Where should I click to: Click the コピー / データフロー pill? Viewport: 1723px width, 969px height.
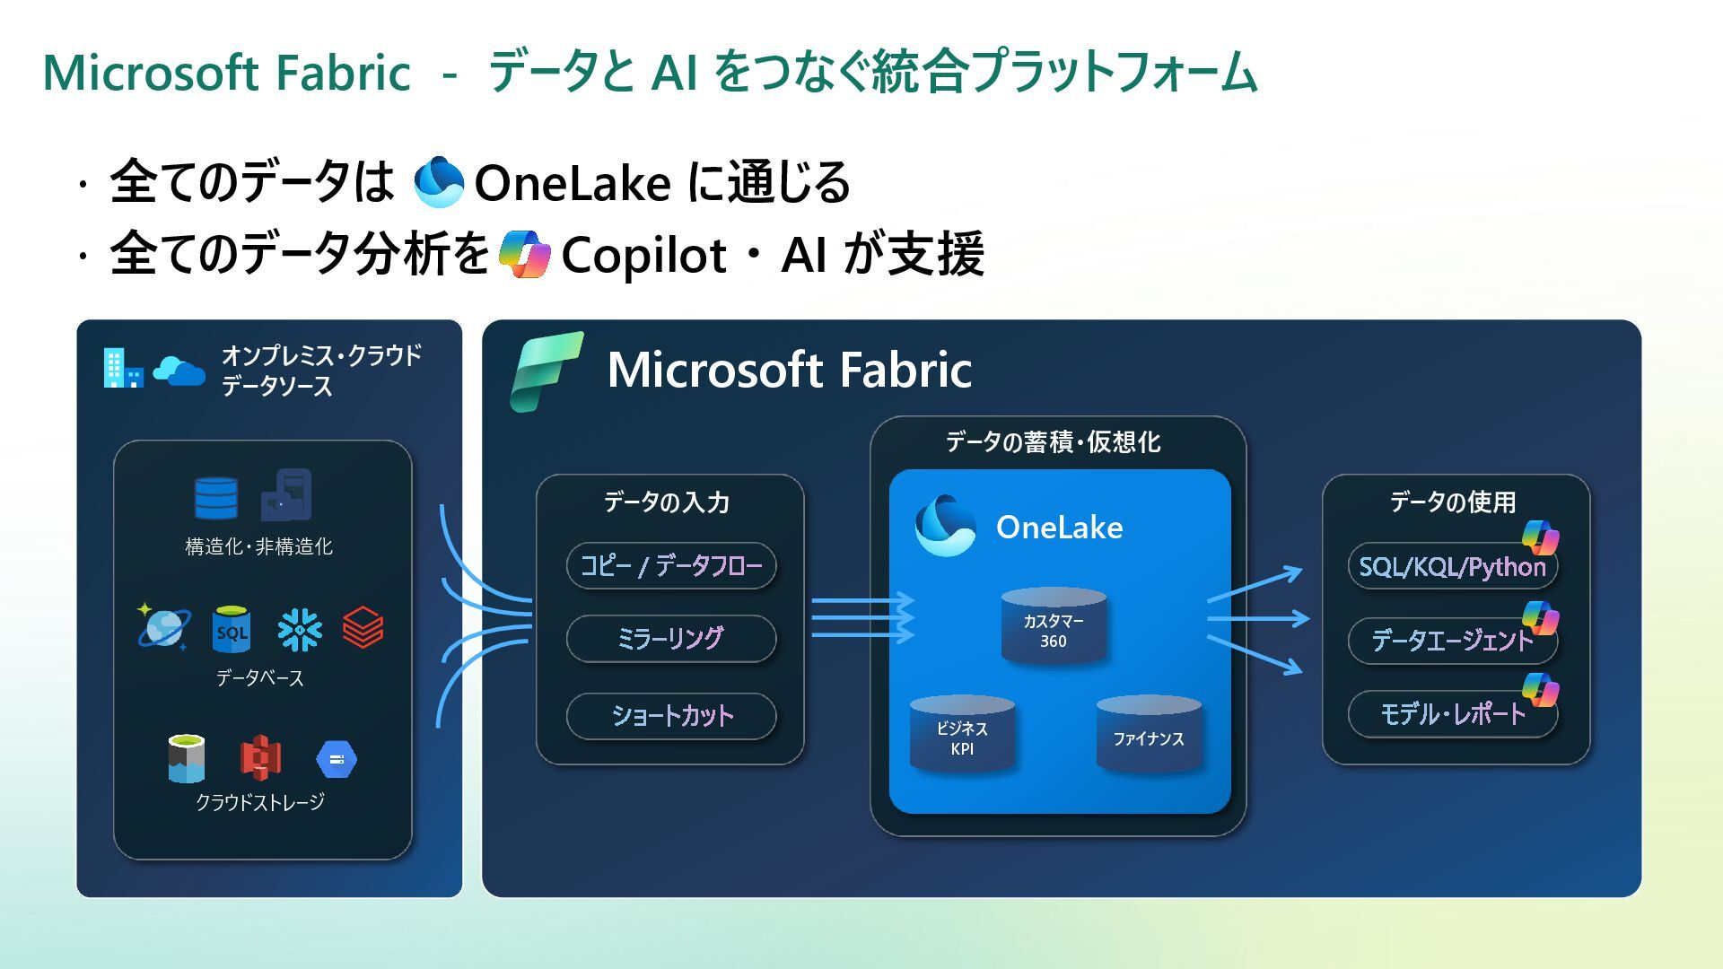point(671,566)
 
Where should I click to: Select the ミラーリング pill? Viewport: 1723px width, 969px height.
point(671,639)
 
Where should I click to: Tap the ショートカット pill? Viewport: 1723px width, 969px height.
point(671,716)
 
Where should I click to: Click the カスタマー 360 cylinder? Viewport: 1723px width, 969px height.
point(1054,626)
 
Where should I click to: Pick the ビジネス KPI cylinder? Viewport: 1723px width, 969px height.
point(962,734)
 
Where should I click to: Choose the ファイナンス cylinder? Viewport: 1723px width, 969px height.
point(1149,734)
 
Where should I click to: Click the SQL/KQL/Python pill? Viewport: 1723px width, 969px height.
point(1452,567)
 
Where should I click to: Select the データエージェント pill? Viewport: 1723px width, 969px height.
point(1452,641)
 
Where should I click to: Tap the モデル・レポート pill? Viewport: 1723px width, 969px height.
point(1452,714)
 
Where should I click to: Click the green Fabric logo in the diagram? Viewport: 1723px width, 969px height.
point(546,371)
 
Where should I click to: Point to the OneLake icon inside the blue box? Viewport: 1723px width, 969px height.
point(944,526)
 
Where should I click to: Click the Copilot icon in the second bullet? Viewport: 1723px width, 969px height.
point(524,254)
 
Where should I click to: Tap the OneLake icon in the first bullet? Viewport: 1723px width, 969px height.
point(439,182)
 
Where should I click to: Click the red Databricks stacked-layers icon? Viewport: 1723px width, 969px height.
point(363,627)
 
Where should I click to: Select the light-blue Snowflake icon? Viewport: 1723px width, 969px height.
point(300,629)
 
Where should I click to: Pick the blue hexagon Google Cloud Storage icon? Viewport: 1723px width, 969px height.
point(337,760)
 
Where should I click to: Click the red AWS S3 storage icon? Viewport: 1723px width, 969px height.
point(260,758)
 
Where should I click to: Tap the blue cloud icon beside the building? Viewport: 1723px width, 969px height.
point(179,370)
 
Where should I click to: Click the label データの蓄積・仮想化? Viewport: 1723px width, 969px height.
point(1053,441)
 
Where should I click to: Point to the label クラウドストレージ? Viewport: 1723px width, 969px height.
point(260,802)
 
